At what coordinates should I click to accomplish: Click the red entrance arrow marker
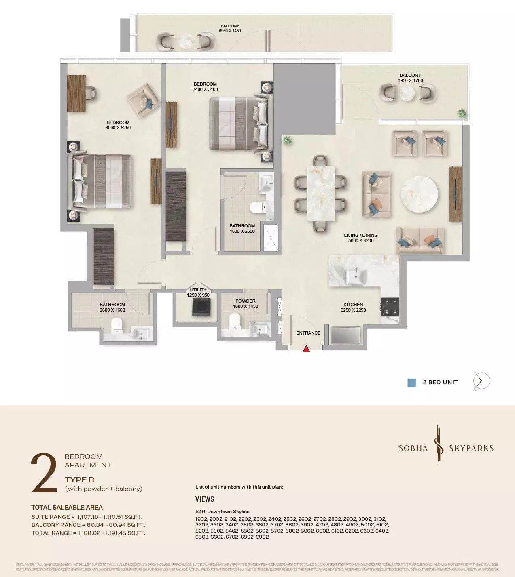click(306, 349)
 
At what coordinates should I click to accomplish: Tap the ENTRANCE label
click(308, 333)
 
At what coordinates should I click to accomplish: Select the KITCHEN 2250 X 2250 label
click(353, 307)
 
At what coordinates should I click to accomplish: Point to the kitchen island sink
click(356, 276)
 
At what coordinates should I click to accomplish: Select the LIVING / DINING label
click(361, 238)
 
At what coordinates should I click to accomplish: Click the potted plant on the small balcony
click(461, 113)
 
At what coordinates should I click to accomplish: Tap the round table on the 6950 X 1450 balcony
click(187, 41)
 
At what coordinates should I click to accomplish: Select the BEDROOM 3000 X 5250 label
click(118, 125)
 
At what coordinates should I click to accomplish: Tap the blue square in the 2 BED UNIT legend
click(411, 383)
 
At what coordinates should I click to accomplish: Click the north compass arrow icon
click(481, 381)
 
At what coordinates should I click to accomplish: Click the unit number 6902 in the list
click(262, 537)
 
